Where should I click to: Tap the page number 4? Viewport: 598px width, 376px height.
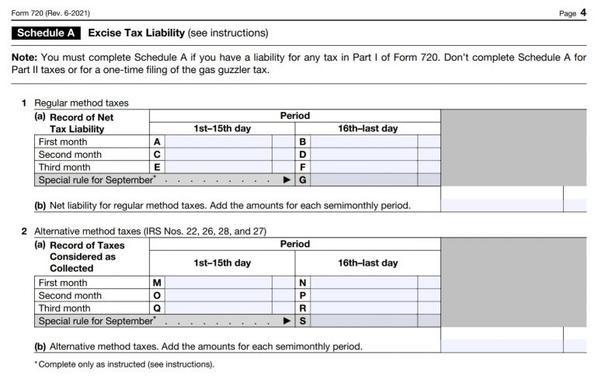pos(582,12)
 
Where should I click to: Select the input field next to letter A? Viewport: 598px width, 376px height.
pos(218,142)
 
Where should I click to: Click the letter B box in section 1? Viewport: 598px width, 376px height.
pos(303,142)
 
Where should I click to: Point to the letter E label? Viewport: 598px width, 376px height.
pos(158,167)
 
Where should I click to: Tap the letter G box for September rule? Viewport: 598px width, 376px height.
pos(303,179)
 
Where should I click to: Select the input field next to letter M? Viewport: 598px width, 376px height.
pos(218,283)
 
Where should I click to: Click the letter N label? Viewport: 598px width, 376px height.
pos(303,283)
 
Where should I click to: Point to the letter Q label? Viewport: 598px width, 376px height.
pos(158,308)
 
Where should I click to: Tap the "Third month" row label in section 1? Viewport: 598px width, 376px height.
pos(64,167)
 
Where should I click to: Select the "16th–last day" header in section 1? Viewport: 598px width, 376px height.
pos(367,129)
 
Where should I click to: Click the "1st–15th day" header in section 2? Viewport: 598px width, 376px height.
pos(222,263)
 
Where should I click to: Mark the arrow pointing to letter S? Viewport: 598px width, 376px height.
pos(287,320)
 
